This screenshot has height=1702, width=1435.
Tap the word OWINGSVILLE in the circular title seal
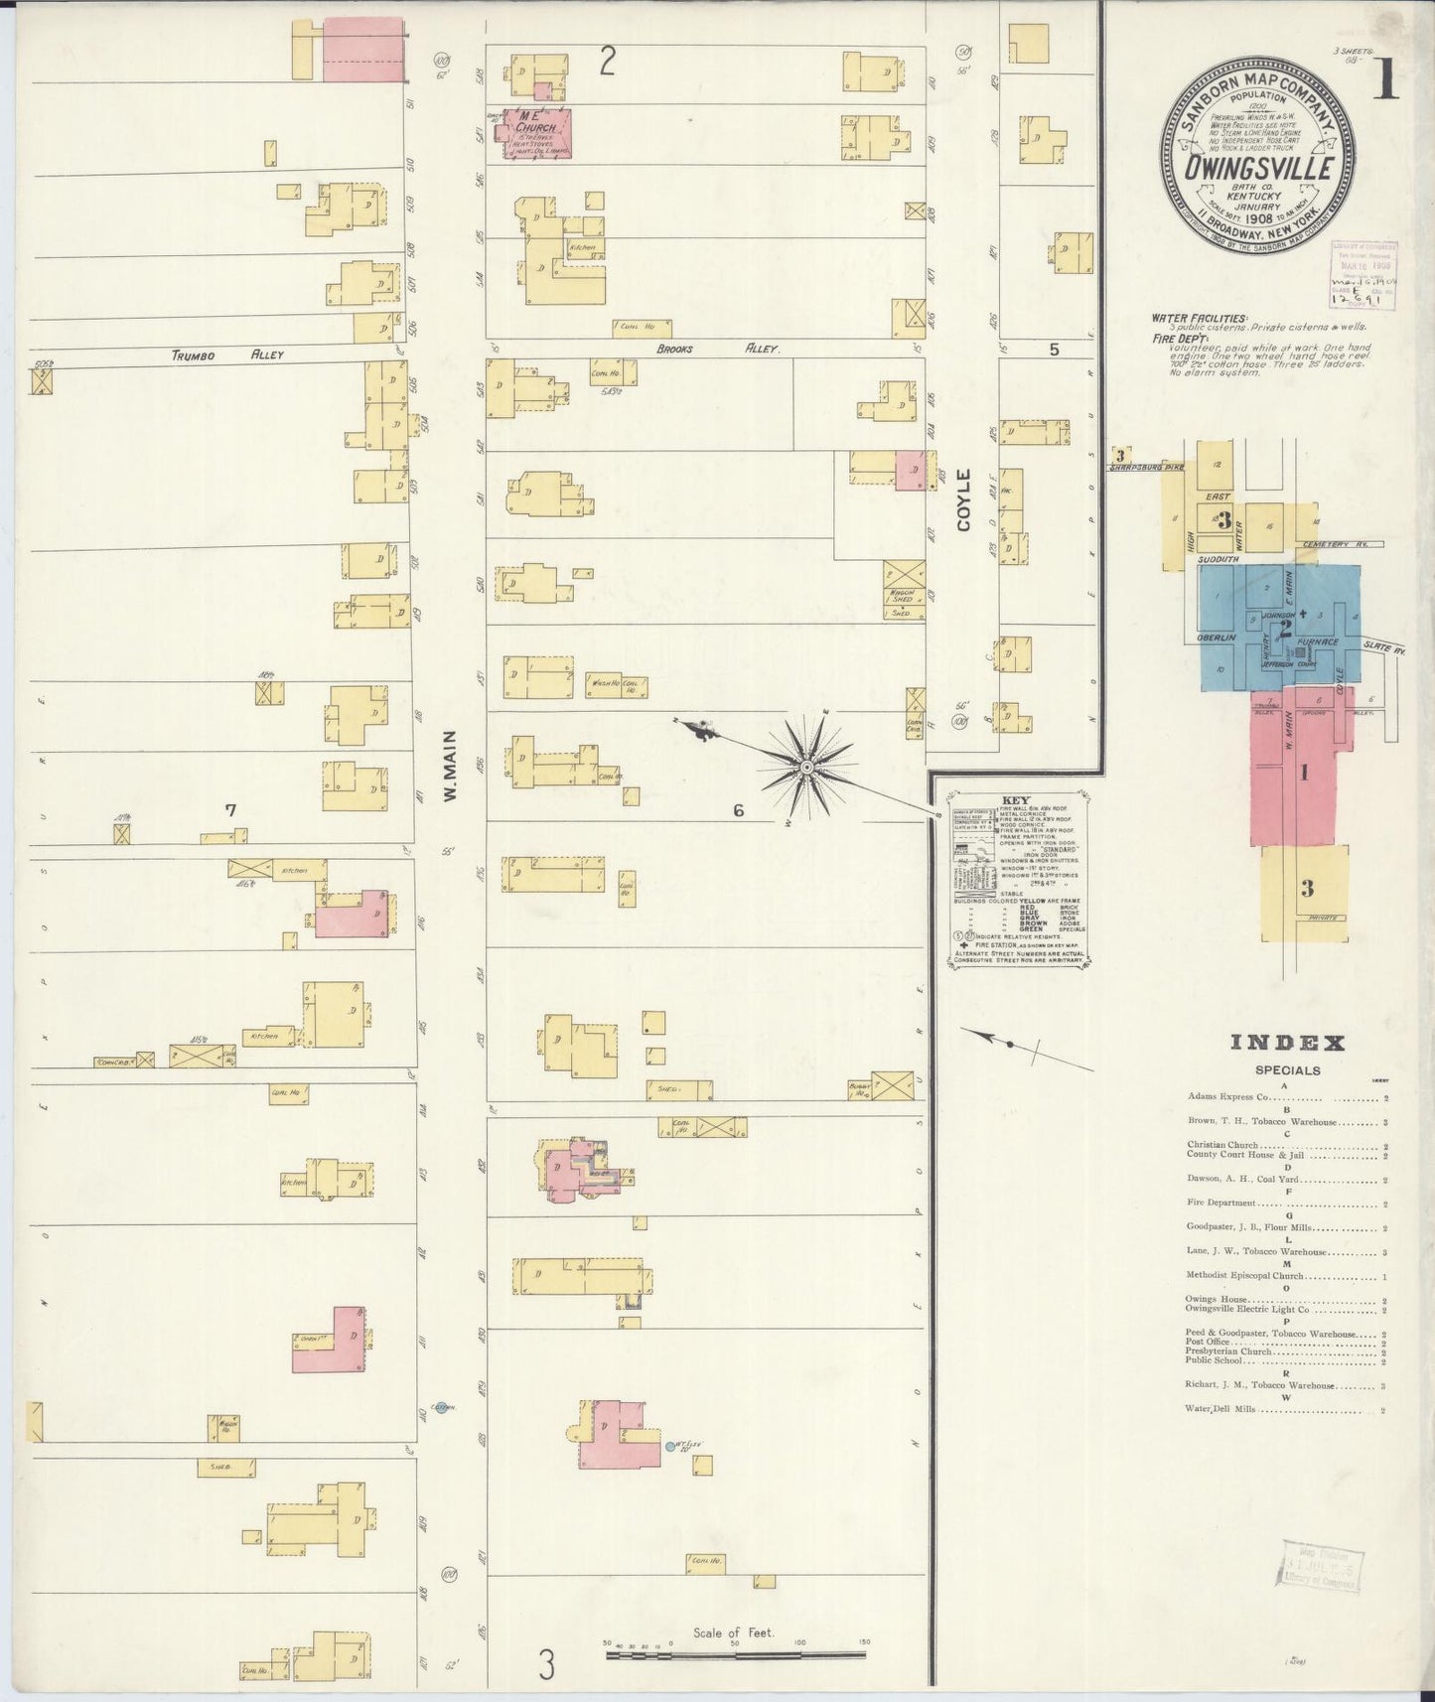1257,168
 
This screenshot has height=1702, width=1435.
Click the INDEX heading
1287,1043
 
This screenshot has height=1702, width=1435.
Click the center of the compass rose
807,768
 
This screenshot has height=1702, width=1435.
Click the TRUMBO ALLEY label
227,355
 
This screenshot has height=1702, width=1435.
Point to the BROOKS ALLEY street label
718,350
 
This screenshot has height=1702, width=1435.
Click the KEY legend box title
1017,800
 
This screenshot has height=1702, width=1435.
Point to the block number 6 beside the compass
738,810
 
